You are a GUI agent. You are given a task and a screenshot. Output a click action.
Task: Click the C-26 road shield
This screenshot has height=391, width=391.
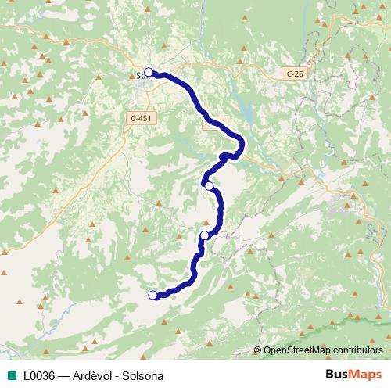293,73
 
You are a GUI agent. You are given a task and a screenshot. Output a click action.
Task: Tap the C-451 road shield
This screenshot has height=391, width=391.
141,118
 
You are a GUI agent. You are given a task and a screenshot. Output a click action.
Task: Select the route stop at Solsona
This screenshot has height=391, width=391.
149,73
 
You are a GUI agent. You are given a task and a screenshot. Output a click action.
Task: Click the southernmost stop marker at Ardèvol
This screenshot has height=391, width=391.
152,295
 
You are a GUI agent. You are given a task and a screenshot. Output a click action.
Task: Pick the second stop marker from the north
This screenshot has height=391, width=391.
209,185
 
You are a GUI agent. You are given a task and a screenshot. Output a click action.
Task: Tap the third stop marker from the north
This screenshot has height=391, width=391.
204,235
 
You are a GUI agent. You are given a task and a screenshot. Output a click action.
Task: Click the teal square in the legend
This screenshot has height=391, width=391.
11,376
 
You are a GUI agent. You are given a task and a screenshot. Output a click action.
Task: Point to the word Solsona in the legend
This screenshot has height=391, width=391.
144,376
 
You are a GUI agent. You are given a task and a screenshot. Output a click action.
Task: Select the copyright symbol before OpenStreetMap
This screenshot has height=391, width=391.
257,350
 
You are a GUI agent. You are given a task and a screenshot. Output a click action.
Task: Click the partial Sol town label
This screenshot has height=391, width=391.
142,77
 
